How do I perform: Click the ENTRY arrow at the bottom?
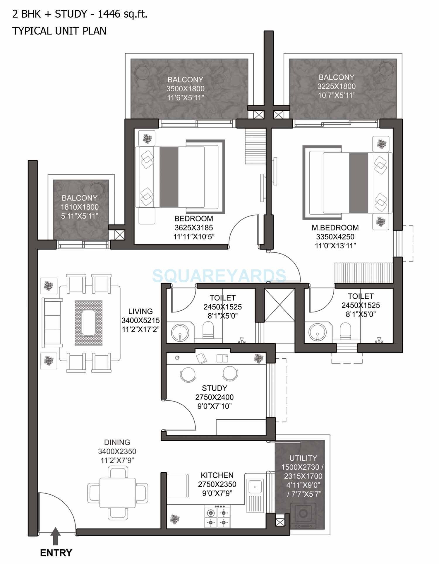56,536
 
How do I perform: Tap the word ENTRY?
56,553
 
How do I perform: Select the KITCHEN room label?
217,475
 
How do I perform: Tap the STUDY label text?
214,388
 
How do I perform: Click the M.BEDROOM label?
335,228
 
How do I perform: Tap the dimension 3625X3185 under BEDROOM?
194,228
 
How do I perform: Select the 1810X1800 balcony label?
80,207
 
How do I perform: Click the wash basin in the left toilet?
179,332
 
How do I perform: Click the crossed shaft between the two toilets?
279,305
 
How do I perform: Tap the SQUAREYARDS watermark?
219,276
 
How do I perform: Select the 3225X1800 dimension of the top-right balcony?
337,86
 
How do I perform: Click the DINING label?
117,442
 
